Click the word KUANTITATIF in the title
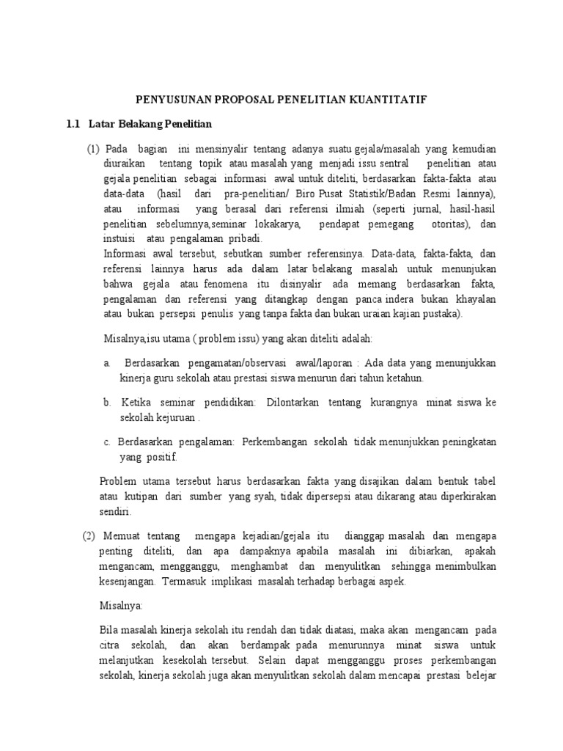(394, 98)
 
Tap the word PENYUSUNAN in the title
(171, 98)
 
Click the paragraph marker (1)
(93, 150)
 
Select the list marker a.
(107, 363)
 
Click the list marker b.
(107, 403)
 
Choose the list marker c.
(107, 442)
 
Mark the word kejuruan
(174, 417)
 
